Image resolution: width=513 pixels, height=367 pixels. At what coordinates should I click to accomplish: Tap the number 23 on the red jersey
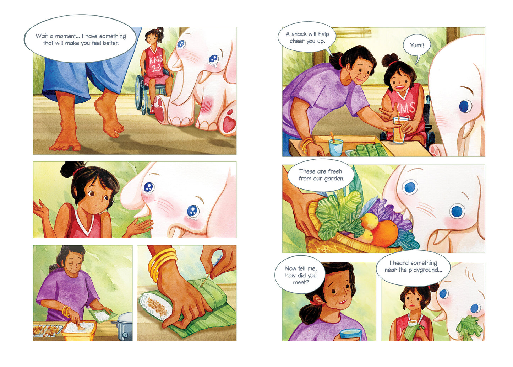click(x=157, y=68)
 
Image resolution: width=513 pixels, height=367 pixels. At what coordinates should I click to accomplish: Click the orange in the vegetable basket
click(x=386, y=234)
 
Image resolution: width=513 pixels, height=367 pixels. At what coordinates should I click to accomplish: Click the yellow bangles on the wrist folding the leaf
click(x=161, y=264)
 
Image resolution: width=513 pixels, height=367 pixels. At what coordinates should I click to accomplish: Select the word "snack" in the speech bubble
click(x=299, y=34)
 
